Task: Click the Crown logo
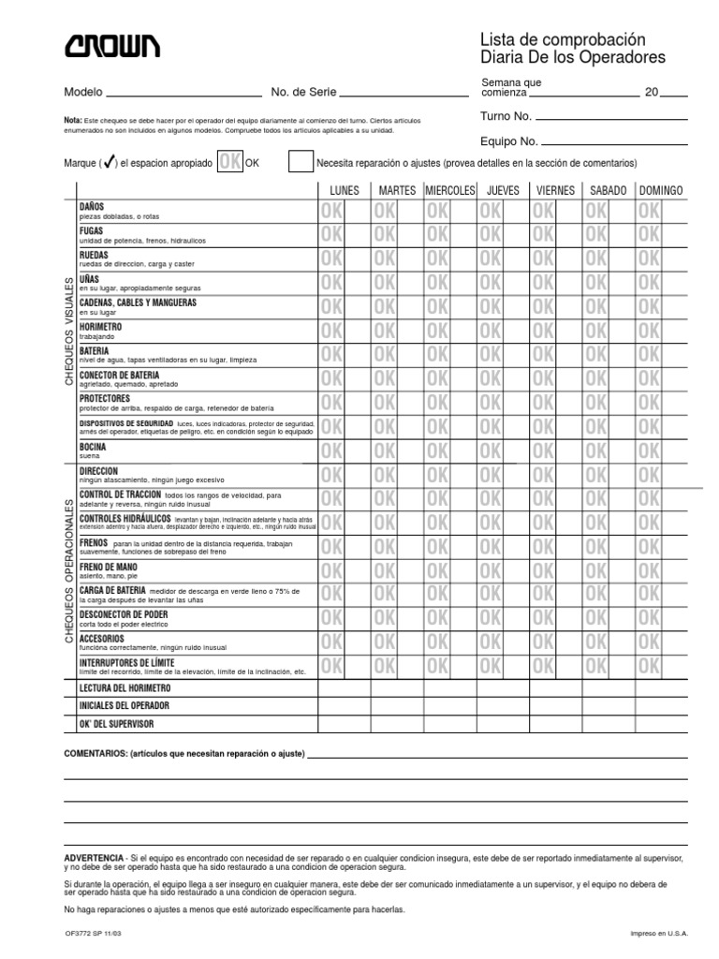tap(111, 45)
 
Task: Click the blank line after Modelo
tap(184, 93)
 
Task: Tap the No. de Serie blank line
tap(404, 93)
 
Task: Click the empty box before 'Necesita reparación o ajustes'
tap(301, 162)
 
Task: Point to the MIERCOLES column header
tap(450, 190)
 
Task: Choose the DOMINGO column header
tap(661, 190)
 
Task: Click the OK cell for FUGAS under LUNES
tap(331, 235)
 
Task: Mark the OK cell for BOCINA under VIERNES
tap(543, 451)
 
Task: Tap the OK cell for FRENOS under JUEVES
tap(491, 547)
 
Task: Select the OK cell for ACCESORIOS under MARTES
tap(385, 642)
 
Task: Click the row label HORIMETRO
tap(102, 327)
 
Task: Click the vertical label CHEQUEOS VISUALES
tap(68, 332)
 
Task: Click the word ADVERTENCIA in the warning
tap(93, 858)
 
